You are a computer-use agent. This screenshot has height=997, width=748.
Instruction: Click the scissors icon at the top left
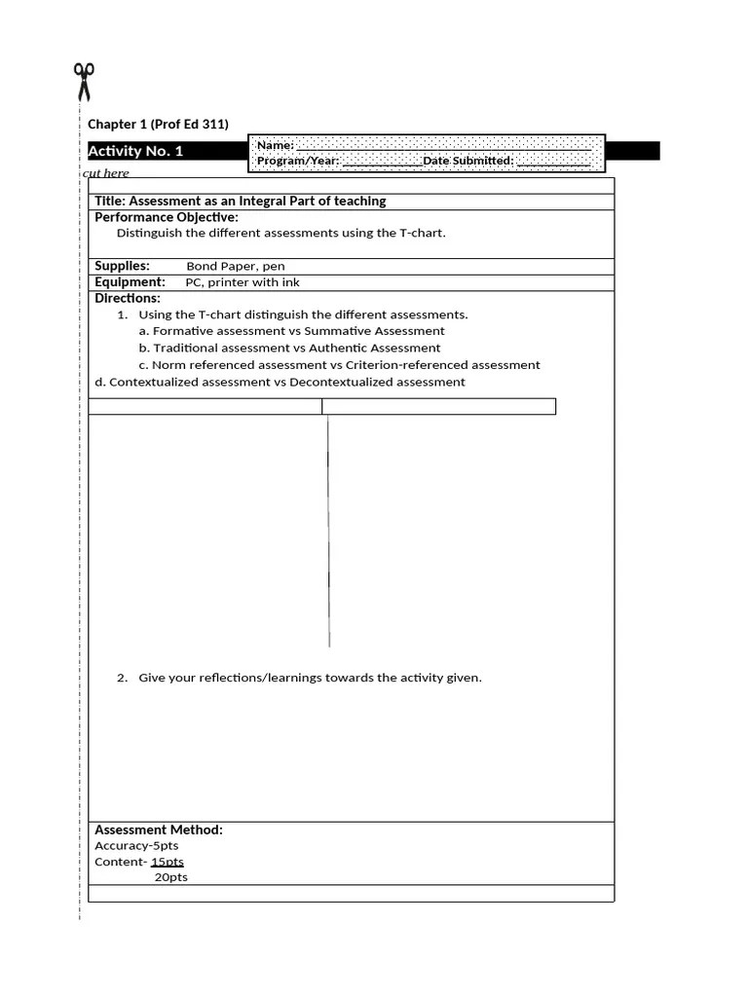[84, 82]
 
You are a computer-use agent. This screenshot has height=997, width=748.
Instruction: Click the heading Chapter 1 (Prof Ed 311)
[158, 124]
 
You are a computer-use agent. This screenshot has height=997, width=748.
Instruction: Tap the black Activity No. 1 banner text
[135, 151]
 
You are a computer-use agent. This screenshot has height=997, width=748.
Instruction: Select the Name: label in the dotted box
[275, 145]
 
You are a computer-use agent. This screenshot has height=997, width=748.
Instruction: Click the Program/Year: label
[298, 161]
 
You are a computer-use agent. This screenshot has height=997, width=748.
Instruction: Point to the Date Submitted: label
[467, 161]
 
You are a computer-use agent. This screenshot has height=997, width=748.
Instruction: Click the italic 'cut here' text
[106, 173]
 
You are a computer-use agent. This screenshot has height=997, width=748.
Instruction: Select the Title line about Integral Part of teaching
[240, 201]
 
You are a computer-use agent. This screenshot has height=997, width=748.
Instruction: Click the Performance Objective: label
[166, 217]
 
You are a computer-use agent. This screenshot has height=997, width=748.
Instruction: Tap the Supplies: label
[122, 266]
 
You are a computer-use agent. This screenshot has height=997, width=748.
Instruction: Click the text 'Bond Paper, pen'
[236, 266]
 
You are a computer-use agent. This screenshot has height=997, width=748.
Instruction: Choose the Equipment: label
[130, 282]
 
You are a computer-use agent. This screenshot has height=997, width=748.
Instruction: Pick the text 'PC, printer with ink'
[243, 282]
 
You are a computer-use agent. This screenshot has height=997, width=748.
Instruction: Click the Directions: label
[128, 298]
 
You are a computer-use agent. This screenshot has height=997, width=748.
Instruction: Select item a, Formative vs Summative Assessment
[291, 331]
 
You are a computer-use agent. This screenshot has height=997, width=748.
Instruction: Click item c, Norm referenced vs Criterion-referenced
[339, 364]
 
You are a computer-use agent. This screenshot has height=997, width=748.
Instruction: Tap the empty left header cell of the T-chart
[205, 406]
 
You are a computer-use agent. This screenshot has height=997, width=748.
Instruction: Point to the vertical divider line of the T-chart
[328, 531]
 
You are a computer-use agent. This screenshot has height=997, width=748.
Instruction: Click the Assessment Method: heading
[159, 830]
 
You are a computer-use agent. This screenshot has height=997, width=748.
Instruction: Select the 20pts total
[171, 877]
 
